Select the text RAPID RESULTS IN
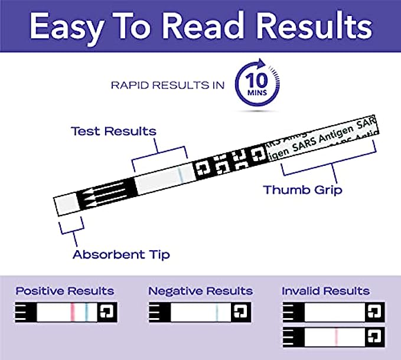(168, 85)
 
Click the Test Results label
(113, 130)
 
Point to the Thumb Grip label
(302, 190)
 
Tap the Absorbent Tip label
(121, 254)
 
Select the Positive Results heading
(65, 291)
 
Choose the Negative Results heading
(200, 291)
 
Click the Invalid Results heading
(325, 291)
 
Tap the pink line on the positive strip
(72, 311)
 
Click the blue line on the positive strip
(86, 311)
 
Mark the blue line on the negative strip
(217, 311)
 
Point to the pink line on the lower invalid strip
(335, 336)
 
